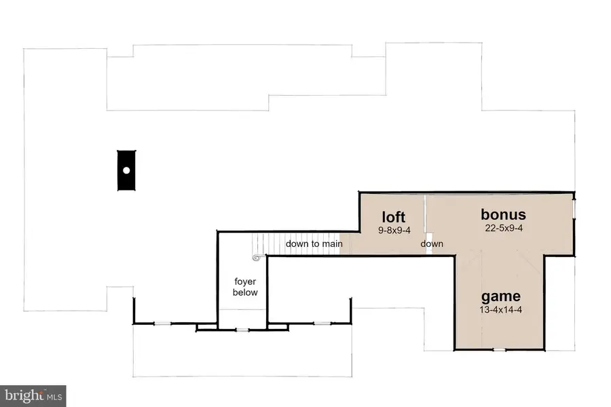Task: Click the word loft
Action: click(394, 217)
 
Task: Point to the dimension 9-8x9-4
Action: click(394, 230)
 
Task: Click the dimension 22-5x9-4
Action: click(504, 228)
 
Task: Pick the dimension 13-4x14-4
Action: click(501, 310)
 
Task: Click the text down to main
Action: click(314, 244)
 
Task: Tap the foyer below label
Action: click(245, 287)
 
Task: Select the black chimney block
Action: click(127, 170)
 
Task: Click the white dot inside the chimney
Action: click(126, 170)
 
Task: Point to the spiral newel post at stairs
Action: click(256, 258)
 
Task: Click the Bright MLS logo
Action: click(33, 396)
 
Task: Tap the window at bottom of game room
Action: click(499, 350)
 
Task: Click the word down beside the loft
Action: click(432, 244)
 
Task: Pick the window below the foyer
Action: click(242, 330)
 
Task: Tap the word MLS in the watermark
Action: click(54, 398)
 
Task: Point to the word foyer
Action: click(245, 282)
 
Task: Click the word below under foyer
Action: click(245, 292)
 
